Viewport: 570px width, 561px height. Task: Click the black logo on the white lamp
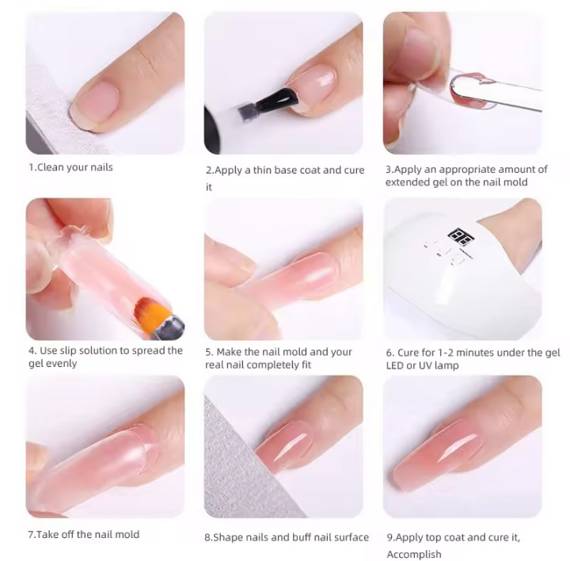pyautogui.click(x=461, y=236)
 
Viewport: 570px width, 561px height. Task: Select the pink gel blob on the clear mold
pyautogui.click(x=472, y=91)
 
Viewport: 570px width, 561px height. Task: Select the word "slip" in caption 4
pyautogui.click(x=68, y=351)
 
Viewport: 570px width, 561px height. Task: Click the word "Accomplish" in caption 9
pyautogui.click(x=414, y=555)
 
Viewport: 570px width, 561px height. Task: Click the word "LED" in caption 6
pyautogui.click(x=395, y=365)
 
